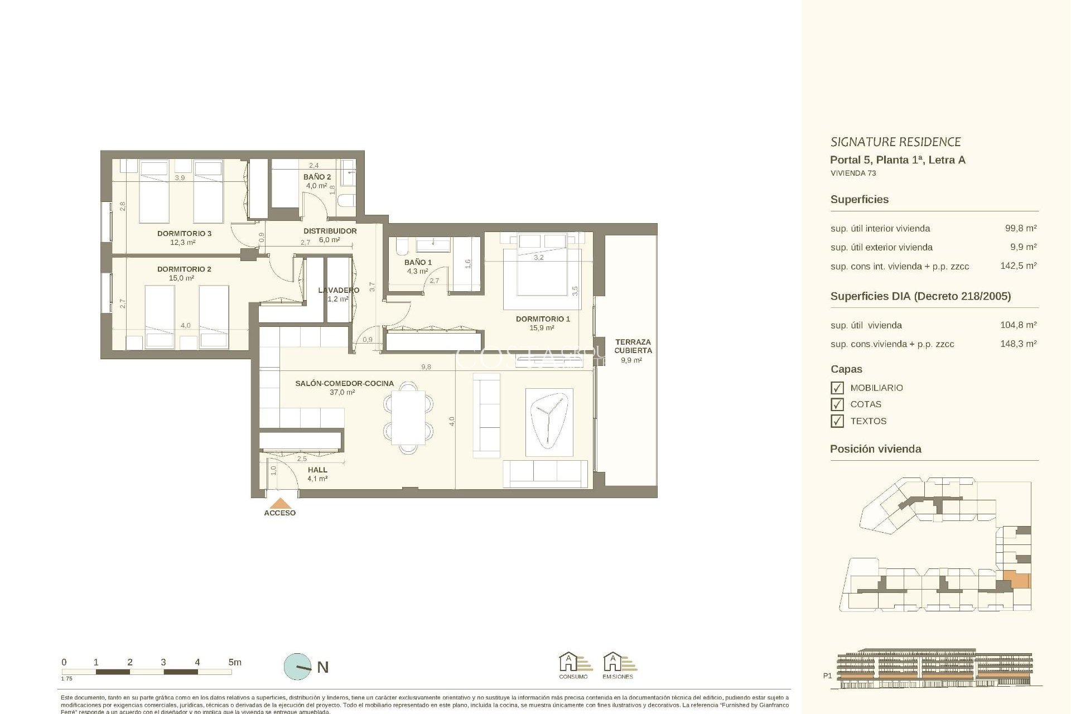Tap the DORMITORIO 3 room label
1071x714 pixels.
pyautogui.click(x=184, y=233)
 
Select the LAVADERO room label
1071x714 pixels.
pyautogui.click(x=339, y=290)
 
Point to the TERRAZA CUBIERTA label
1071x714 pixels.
pyautogui.click(x=633, y=346)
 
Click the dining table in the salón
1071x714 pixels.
pyautogui.click(x=408, y=417)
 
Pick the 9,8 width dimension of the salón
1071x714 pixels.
pyautogui.click(x=426, y=366)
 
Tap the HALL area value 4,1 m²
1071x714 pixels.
pyautogui.click(x=317, y=479)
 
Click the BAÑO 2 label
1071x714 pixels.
pyautogui.click(x=317, y=177)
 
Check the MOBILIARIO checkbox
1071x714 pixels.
pyautogui.click(x=837, y=388)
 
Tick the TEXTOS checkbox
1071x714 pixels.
pyautogui.click(x=837, y=421)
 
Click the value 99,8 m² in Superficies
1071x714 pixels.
pyautogui.click(x=1020, y=228)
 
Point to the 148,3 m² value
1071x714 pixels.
pyautogui.click(x=1018, y=344)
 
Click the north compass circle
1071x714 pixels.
pyautogui.click(x=298, y=667)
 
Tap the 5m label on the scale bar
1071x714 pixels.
pyautogui.click(x=235, y=662)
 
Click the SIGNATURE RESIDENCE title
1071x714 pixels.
pyautogui.click(x=895, y=142)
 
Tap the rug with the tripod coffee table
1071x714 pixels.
pyautogui.click(x=549, y=422)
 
